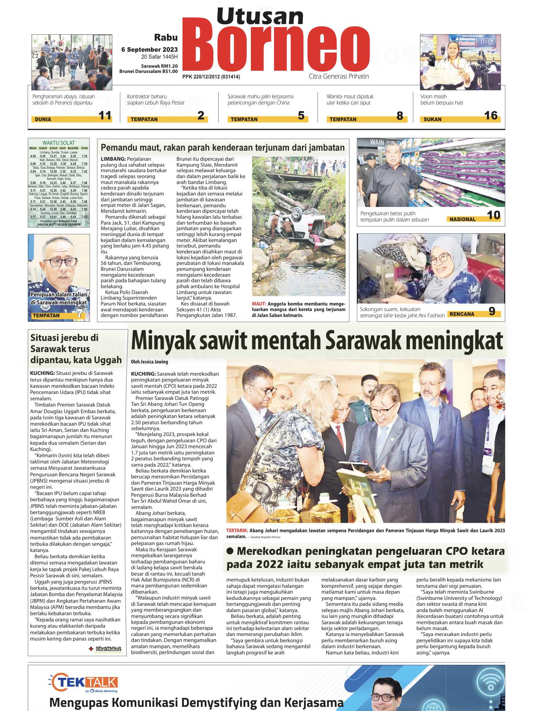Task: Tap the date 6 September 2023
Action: [x=149, y=50]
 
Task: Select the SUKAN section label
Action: [x=432, y=119]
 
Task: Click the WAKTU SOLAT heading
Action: [x=58, y=143]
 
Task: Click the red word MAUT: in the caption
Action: [x=259, y=304]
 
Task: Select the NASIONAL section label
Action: [x=462, y=219]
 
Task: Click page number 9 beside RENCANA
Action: [x=492, y=311]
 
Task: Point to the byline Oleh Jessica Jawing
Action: [x=149, y=362]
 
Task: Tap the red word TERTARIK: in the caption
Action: [x=237, y=530]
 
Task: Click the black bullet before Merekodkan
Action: [x=230, y=551]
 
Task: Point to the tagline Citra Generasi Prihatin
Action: [x=339, y=76]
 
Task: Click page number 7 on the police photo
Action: [x=80, y=313]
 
